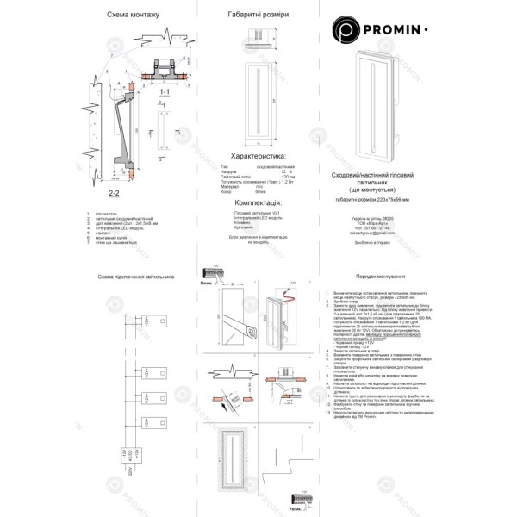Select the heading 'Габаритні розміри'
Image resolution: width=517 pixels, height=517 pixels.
258,16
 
